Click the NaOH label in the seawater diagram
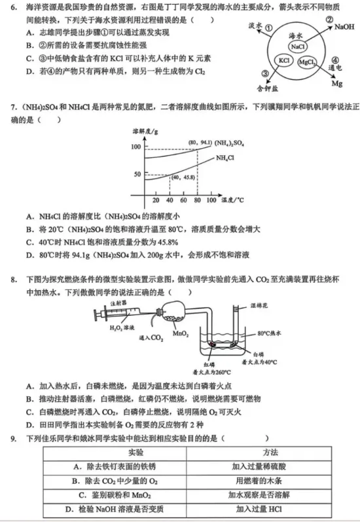344,28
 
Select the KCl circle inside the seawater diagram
284,60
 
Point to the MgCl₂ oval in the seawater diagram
308,62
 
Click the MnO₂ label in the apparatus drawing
181,333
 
